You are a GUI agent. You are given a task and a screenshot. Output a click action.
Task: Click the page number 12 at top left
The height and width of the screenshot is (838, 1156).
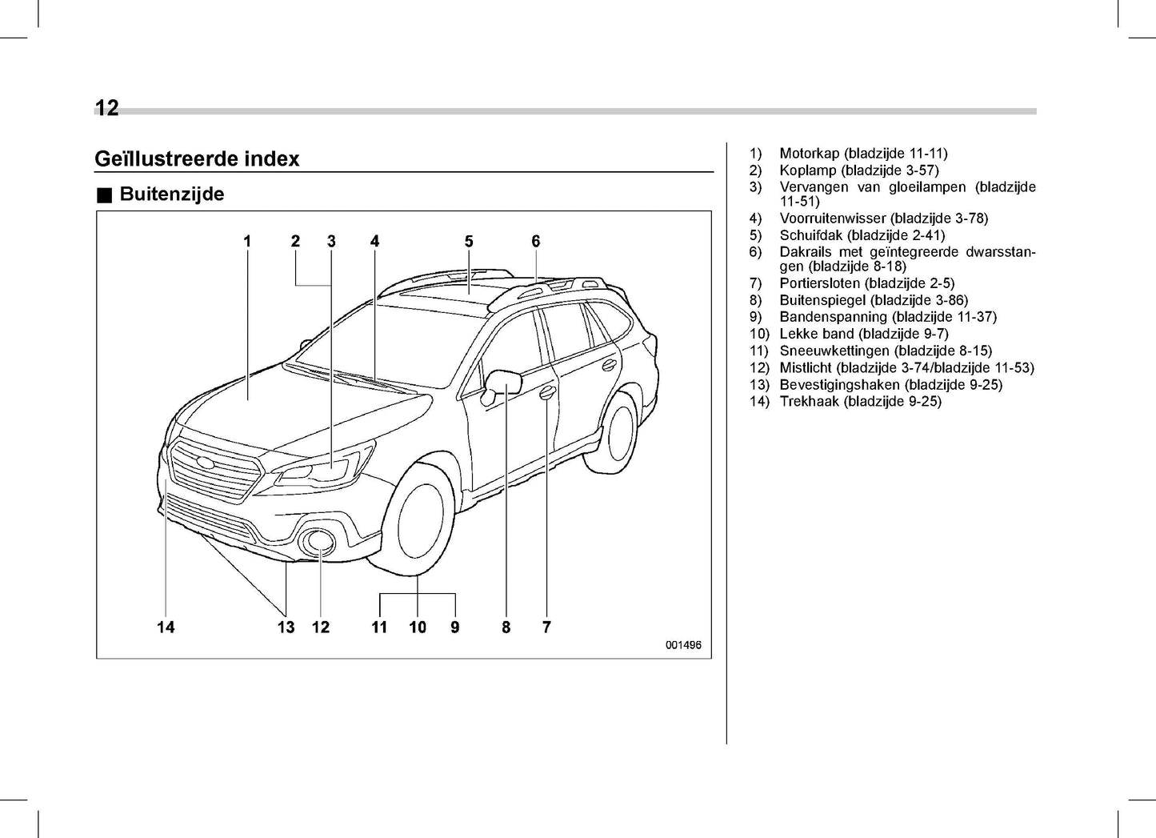point(106,108)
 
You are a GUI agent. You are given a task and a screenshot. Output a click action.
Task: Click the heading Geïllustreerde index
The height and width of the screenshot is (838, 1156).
point(197,158)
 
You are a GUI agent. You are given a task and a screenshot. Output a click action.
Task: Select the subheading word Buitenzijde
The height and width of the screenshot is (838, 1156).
point(172,194)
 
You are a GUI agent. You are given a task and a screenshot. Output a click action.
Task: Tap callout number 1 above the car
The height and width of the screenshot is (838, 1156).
point(247,241)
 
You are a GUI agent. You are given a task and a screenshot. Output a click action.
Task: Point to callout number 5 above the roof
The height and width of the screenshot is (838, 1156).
point(469,241)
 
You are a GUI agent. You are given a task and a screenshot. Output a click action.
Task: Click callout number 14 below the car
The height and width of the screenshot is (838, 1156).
point(166,627)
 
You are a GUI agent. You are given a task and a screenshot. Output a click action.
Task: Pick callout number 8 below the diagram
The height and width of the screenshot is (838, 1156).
point(506,627)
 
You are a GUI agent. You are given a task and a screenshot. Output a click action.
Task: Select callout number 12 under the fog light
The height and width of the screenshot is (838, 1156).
point(321,627)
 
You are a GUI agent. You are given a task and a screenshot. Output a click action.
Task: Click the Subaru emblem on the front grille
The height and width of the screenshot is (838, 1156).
point(206,463)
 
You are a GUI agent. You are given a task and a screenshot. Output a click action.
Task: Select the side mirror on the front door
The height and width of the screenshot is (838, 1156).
point(504,383)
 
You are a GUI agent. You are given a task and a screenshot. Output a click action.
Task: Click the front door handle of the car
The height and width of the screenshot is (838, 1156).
point(547,391)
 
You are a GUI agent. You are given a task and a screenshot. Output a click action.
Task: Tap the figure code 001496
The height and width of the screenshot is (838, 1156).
point(682,645)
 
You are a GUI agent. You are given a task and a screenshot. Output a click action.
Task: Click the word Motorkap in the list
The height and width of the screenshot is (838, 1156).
point(809,153)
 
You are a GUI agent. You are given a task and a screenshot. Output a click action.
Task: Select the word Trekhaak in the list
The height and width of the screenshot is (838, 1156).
point(809,402)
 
